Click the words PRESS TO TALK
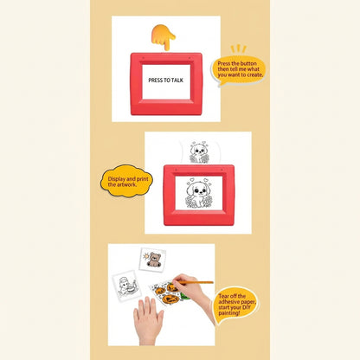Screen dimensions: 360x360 point(165,80)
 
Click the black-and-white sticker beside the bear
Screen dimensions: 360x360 point(126,286)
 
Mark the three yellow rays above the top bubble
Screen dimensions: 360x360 point(238,48)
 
